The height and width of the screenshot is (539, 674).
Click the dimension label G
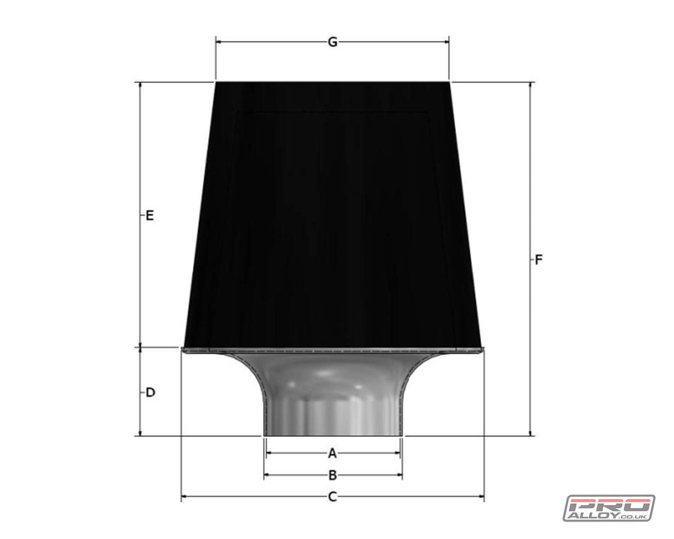[x=333, y=42]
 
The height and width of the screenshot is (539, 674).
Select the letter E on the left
[x=149, y=215]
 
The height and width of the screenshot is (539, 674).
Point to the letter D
[x=150, y=392]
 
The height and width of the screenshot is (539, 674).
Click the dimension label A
[x=332, y=453]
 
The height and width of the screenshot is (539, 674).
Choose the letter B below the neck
[x=333, y=476]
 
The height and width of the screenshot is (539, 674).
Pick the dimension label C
[x=333, y=496]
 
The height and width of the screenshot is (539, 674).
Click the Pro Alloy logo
[x=609, y=508]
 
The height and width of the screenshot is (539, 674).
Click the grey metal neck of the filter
[x=333, y=399]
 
